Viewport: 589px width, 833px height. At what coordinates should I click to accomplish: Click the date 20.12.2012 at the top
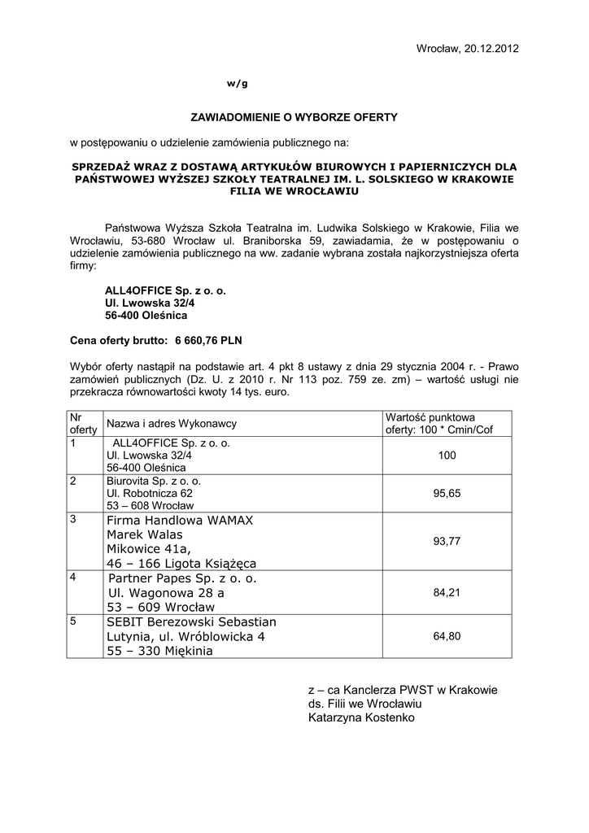click(491, 49)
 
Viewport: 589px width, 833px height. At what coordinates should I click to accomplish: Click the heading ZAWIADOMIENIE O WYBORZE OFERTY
click(294, 117)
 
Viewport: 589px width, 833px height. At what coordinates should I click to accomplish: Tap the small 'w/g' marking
click(237, 84)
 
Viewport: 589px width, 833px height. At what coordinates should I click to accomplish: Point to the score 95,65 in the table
click(447, 493)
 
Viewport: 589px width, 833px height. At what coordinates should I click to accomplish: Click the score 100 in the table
click(447, 456)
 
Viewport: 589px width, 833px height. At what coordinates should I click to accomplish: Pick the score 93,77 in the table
click(447, 541)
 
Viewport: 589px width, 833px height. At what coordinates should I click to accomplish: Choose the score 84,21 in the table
click(447, 593)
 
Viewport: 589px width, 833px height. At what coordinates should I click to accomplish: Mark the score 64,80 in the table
click(447, 636)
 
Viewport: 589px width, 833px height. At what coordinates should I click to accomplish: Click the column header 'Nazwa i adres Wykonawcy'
click(172, 424)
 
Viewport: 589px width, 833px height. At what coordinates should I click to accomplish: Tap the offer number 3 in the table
click(73, 519)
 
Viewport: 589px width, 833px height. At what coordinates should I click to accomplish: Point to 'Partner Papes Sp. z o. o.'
click(181, 578)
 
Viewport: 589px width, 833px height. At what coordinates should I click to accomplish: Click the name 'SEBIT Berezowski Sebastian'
click(191, 622)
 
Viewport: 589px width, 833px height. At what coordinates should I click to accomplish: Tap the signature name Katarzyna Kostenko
click(361, 718)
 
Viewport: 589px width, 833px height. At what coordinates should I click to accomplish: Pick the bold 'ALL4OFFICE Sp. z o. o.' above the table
click(165, 290)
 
